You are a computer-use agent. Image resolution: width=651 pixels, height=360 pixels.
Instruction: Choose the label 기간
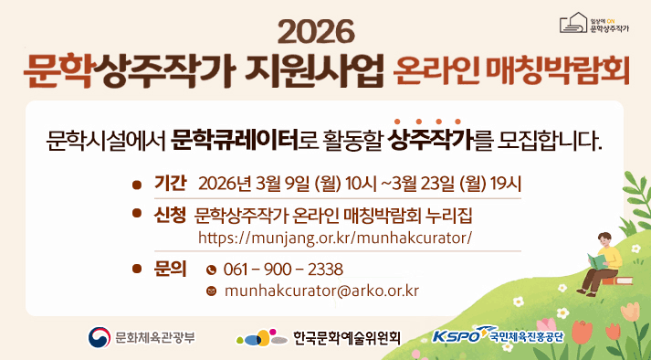coord(171,183)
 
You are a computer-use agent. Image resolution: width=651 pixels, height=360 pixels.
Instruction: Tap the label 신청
coord(171,216)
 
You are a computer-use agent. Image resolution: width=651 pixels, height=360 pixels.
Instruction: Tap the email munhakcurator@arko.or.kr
coord(321,291)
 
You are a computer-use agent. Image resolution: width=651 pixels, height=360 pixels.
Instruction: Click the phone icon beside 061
coord(212,270)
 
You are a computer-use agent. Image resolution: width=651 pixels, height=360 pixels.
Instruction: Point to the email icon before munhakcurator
coord(212,291)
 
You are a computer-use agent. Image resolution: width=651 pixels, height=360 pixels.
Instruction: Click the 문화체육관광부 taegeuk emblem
coord(99,336)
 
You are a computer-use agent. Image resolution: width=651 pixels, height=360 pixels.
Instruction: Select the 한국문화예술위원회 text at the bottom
coord(347,337)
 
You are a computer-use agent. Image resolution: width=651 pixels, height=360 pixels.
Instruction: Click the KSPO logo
coord(457,335)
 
